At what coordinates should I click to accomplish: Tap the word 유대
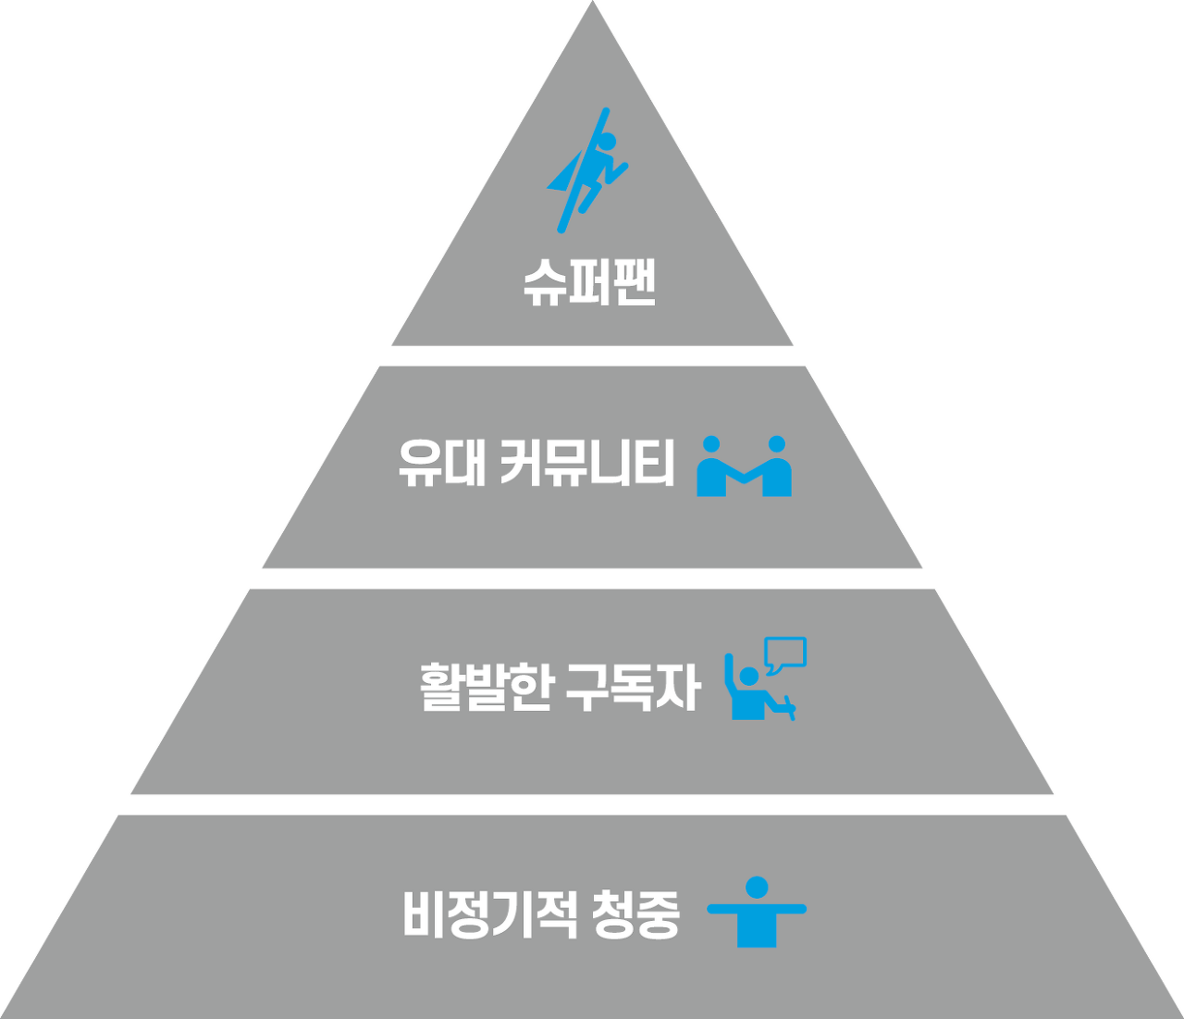441,464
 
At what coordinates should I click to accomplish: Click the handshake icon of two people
744,467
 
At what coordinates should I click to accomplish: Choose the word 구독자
632,688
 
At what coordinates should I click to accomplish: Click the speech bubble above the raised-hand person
785,654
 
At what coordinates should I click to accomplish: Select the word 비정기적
490,913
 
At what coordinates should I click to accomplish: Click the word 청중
637,913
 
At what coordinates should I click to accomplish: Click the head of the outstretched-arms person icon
757,888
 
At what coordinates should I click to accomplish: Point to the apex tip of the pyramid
592,6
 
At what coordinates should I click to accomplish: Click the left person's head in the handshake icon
710,444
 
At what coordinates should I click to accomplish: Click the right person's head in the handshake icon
777,444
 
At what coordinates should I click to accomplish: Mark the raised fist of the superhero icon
606,113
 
